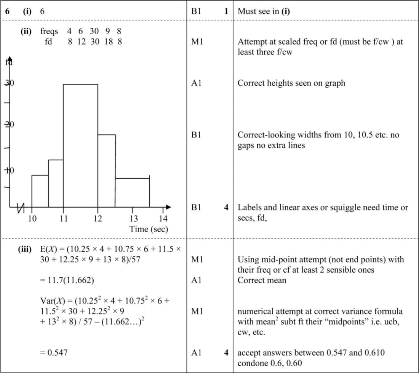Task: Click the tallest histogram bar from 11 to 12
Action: click(x=80, y=145)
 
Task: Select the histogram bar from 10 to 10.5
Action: click(x=40, y=190)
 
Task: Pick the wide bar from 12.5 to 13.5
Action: click(x=132, y=192)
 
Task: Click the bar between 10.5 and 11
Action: click(x=56, y=183)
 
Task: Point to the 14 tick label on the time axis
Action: click(x=163, y=219)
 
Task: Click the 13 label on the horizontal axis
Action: click(x=134, y=219)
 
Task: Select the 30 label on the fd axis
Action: click(x=9, y=83)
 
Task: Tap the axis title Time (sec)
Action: click(x=149, y=229)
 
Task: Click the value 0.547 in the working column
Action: click(x=54, y=352)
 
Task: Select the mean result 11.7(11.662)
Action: click(x=67, y=280)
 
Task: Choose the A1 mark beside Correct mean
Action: click(x=196, y=280)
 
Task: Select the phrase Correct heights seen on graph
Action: click(x=291, y=83)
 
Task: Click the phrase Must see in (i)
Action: click(x=264, y=11)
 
